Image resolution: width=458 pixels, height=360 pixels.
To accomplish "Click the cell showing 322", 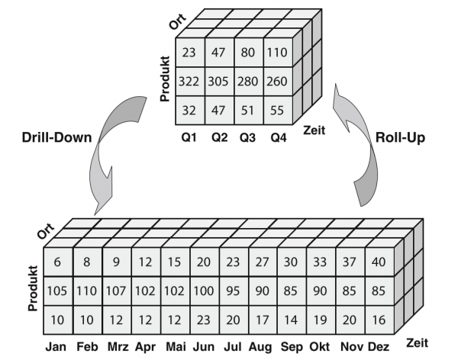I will point(190,80).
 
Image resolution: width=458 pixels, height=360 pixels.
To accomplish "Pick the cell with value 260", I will point(278,80).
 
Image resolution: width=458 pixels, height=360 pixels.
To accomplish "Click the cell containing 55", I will point(278,109).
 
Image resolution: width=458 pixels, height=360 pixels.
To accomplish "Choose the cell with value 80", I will point(249,52).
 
